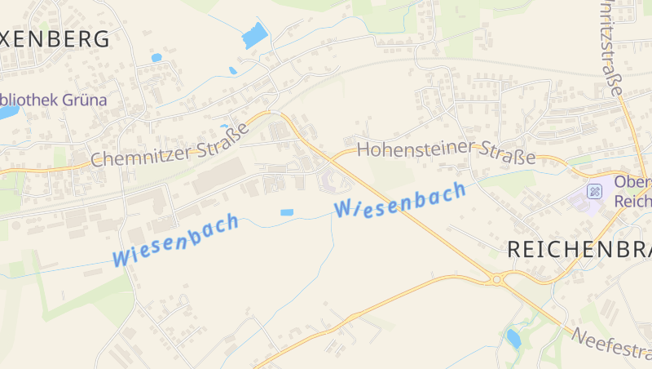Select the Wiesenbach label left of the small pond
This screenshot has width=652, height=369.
[176, 239]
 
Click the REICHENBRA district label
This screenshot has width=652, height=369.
[579, 251]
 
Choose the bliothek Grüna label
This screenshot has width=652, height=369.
[53, 100]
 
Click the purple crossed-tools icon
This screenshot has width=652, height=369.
[595, 191]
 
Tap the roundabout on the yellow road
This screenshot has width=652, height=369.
[496, 279]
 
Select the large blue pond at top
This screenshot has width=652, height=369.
[256, 35]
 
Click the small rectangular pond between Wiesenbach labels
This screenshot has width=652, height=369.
[287, 212]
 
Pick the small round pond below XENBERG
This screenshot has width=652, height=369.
[156, 58]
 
